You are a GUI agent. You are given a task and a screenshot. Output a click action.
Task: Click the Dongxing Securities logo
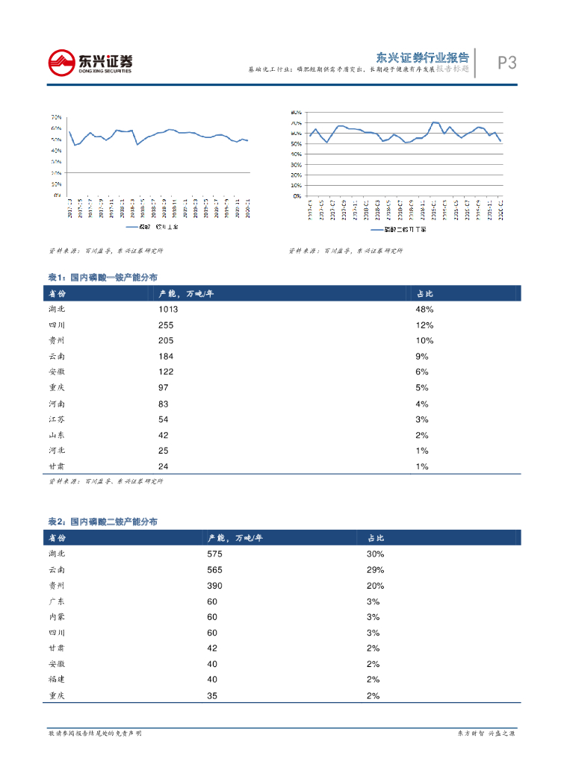coord(90,62)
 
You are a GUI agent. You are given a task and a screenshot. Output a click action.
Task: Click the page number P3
coord(506,63)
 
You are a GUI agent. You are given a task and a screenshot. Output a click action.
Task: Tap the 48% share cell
coord(424,309)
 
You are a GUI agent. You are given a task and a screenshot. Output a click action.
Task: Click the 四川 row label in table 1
coord(57,325)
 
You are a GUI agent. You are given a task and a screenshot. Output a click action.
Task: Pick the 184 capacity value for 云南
coord(166,357)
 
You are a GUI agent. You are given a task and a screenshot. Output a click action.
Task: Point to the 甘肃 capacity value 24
coord(164,466)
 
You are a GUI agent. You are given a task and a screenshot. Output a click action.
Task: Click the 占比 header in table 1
coord(424,293)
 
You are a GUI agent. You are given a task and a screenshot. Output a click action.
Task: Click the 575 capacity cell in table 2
coord(215,554)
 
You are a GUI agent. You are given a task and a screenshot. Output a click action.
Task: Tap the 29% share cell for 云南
coord(375,569)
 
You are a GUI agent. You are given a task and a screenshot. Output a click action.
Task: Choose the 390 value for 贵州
coord(215,586)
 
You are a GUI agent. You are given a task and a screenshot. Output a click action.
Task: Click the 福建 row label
coord(57,680)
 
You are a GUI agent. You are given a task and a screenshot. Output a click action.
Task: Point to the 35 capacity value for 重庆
coord(213,695)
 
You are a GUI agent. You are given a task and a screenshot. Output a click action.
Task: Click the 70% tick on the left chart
coord(56,117)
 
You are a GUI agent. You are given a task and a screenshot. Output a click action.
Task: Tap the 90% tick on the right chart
coord(296,113)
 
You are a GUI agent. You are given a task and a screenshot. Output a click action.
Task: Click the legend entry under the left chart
coord(157,227)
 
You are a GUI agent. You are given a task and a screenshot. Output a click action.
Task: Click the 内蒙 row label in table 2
coord(57,617)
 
